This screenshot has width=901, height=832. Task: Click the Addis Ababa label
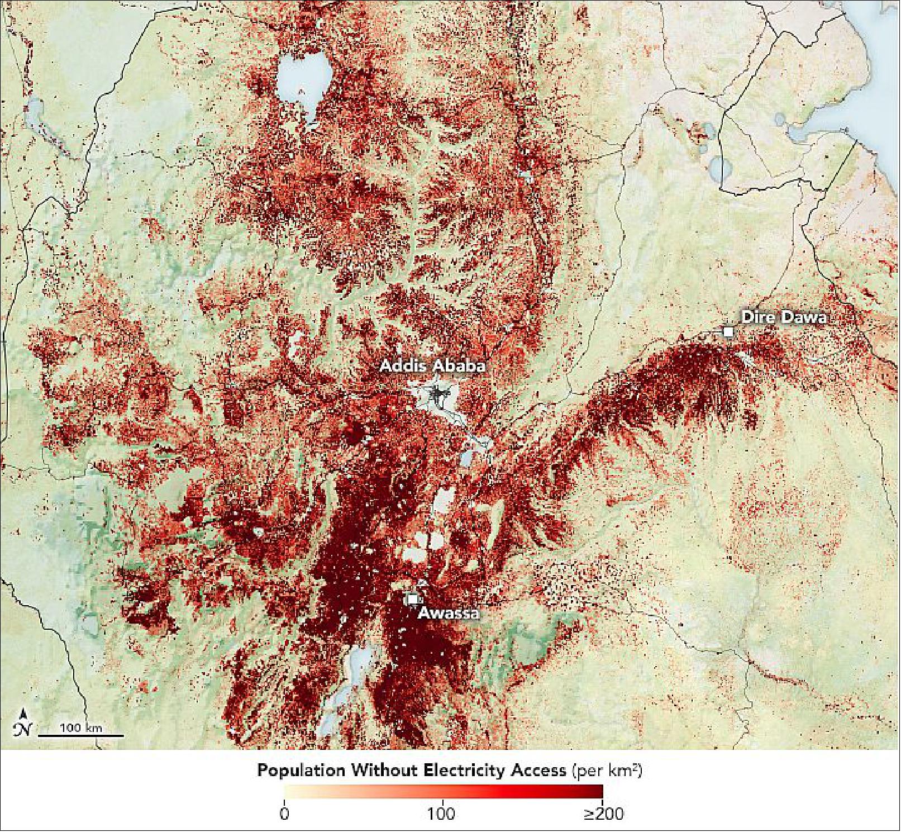pyautogui.click(x=432, y=367)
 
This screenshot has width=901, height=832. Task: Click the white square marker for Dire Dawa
pyautogui.click(x=728, y=332)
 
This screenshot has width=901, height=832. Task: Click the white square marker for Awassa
pyautogui.click(x=413, y=599)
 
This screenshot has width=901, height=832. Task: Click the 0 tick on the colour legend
pyautogui.click(x=284, y=814)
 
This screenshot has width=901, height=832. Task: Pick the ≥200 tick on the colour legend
pyautogui.click(x=603, y=814)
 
